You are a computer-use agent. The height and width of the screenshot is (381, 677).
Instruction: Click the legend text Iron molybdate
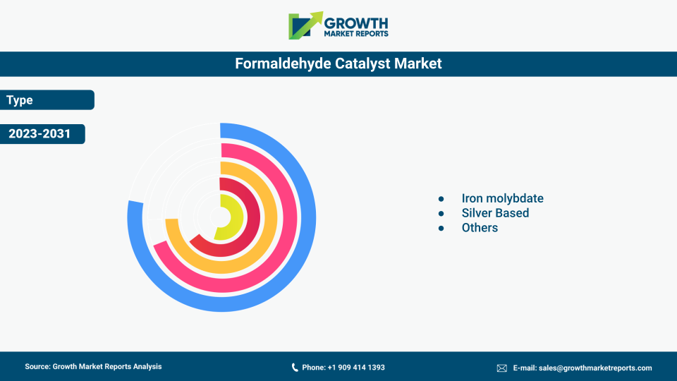click(x=502, y=198)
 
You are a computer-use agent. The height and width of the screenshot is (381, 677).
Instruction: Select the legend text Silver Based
click(x=495, y=213)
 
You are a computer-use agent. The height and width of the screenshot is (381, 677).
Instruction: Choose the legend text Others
click(x=480, y=228)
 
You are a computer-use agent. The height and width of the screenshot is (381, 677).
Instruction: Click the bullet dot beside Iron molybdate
click(x=441, y=199)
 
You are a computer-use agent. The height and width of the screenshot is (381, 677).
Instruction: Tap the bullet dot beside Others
click(x=441, y=228)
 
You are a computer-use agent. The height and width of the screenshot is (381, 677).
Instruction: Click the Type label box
click(x=47, y=99)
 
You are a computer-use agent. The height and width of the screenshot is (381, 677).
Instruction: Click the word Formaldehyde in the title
click(x=283, y=64)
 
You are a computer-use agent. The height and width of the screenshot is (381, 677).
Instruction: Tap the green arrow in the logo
click(x=305, y=25)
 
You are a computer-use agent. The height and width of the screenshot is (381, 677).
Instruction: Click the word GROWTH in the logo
click(x=356, y=23)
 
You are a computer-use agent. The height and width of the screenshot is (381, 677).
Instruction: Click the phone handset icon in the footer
click(x=295, y=367)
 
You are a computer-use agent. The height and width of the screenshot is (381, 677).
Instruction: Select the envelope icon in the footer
click(x=501, y=368)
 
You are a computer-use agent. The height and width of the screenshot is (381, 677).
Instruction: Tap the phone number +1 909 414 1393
click(x=356, y=367)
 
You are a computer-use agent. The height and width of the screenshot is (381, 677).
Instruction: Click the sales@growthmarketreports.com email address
click(x=595, y=368)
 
